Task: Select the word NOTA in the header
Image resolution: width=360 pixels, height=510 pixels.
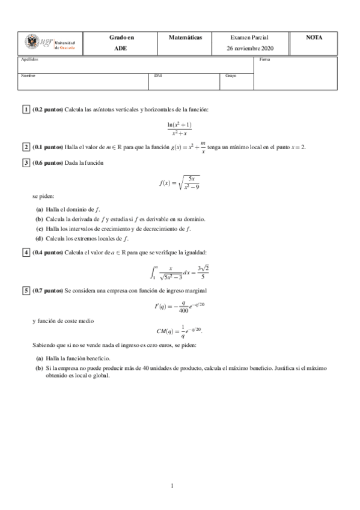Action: pos(314,37)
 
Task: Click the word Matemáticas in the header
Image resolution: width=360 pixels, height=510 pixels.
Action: pos(186,37)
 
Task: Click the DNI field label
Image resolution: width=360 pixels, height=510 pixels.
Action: pos(157,76)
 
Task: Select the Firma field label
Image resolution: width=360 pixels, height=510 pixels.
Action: pos(265,60)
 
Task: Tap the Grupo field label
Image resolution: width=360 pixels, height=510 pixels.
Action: pos(231,76)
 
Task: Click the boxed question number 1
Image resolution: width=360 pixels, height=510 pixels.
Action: pos(26,109)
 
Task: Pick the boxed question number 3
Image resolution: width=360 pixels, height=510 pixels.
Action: pos(26,162)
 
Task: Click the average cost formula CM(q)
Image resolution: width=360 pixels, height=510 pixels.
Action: pos(180,332)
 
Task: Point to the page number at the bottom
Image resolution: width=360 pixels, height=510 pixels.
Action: pos(172,485)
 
